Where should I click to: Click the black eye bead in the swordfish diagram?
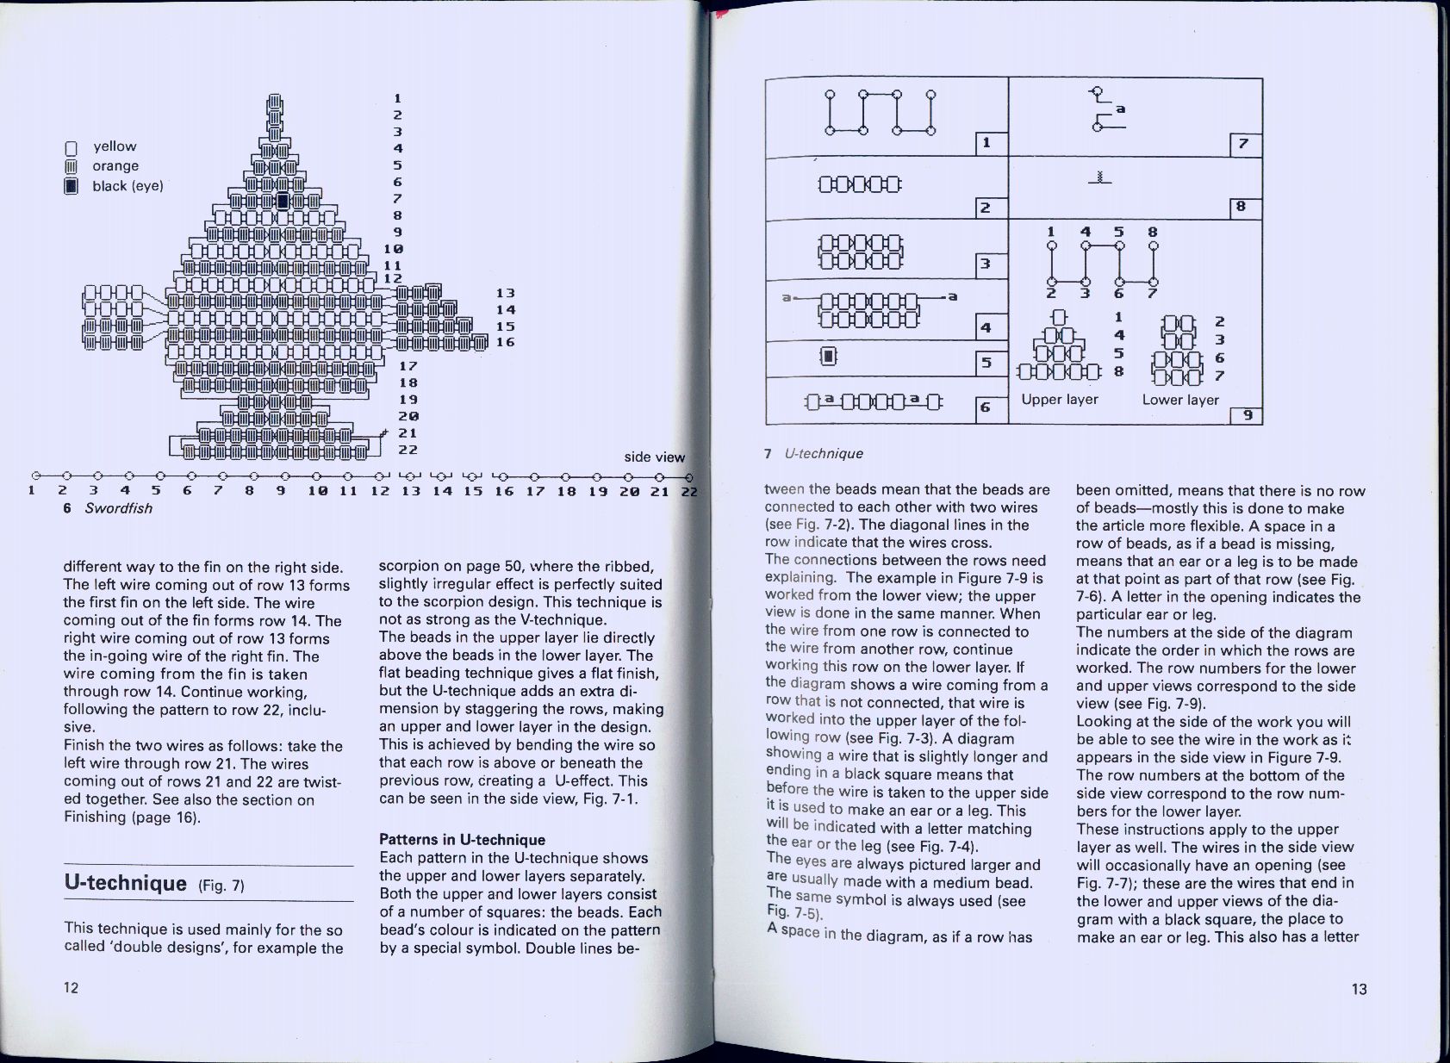coord(282,202)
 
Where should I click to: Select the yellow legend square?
coord(72,147)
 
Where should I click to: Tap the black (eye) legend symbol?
coord(72,186)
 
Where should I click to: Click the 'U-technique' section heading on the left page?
coord(126,883)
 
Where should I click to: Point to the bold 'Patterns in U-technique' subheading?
coord(462,840)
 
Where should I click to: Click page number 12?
coord(71,987)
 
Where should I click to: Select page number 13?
coord(1359,989)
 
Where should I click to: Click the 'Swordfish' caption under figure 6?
coord(118,508)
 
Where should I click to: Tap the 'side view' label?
coord(654,457)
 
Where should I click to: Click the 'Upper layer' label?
coord(1059,399)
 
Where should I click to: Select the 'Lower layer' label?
coord(1179,400)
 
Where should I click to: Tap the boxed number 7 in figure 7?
coord(1244,144)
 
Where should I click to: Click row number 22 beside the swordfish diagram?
coord(408,450)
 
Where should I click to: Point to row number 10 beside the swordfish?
coord(394,249)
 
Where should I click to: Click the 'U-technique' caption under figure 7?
coord(823,453)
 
